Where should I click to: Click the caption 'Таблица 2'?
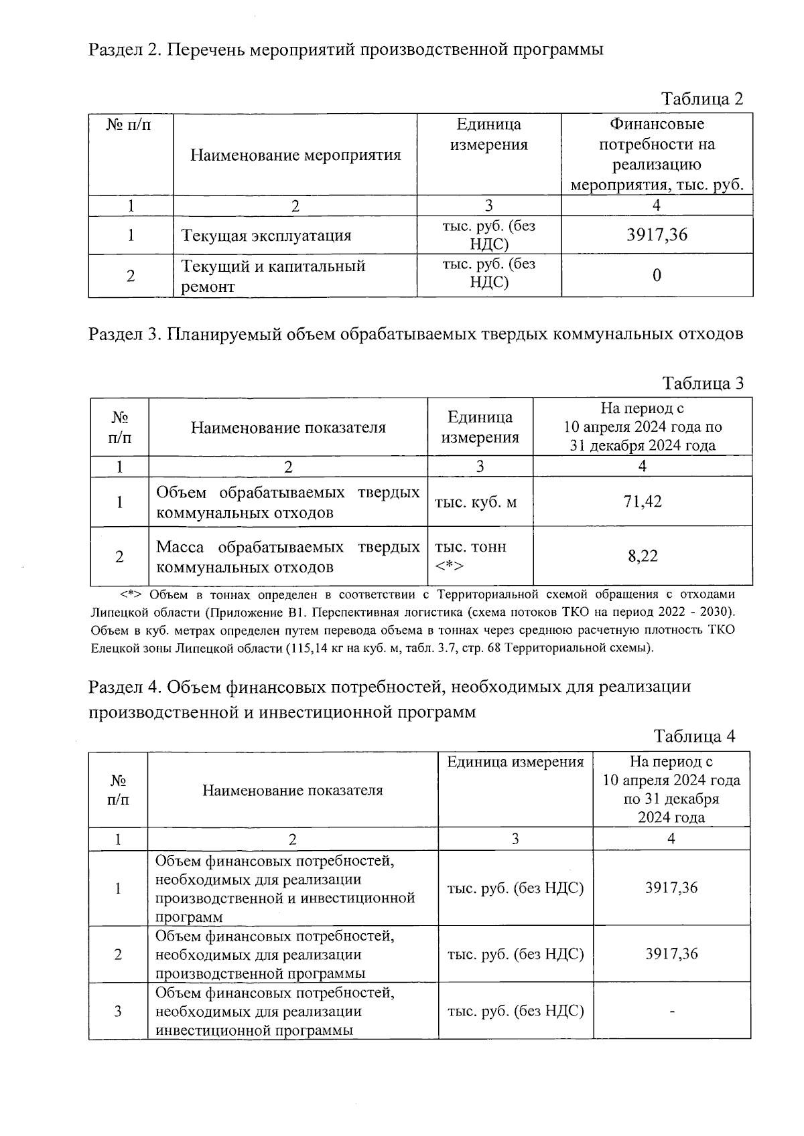pos(702,99)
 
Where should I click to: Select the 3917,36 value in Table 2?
pos(657,235)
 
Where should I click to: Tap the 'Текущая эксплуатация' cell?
pos(266,236)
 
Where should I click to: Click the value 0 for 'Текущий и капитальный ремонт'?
pos(657,275)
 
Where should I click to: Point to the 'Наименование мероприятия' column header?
pos(295,155)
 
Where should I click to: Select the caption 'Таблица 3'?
pos(702,384)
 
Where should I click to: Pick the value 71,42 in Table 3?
pos(643,501)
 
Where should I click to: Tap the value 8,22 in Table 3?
pos(643,556)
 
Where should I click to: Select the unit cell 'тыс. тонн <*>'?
pos(470,556)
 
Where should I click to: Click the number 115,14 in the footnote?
pos(309,648)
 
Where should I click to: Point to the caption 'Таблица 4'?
pos(694,736)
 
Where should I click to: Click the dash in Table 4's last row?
pos(671,1011)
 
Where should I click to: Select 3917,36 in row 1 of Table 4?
pos(671,888)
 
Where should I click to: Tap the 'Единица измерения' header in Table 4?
pos(515,762)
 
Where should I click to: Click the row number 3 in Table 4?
pos(118,1011)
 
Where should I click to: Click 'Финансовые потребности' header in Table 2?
pos(657,154)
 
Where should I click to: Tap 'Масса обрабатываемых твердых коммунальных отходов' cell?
pos(287,557)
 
